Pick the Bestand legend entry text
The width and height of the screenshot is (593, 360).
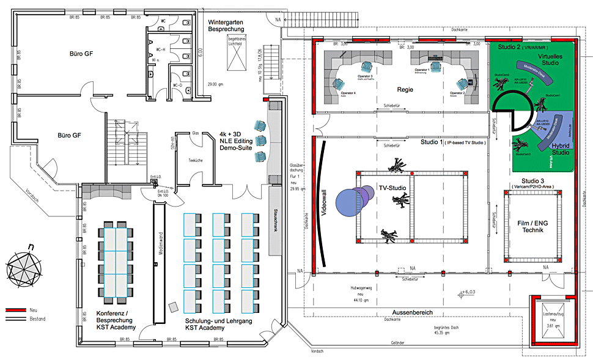click(38, 319)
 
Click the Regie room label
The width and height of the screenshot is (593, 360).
click(405, 90)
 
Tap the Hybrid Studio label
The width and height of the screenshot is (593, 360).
click(557, 150)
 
